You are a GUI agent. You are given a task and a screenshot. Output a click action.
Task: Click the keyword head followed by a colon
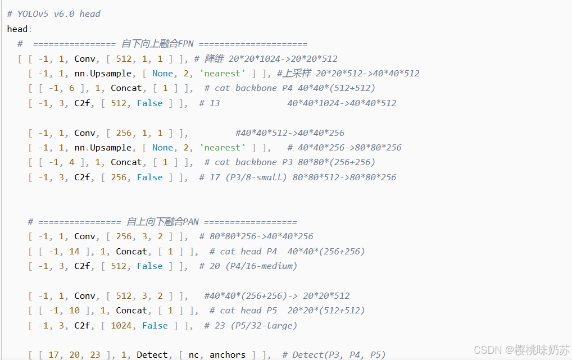coord(17,29)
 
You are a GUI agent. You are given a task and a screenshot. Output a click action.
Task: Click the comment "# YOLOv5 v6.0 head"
coord(53,13)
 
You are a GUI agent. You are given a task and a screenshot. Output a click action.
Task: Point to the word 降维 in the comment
coord(214,58)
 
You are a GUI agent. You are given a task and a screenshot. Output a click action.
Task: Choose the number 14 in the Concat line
coord(74,252)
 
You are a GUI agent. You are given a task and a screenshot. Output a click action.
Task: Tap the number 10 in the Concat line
coord(74,311)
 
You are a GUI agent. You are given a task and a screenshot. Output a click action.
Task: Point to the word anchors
coord(227,355)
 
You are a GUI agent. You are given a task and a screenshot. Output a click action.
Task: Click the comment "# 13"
coord(209,103)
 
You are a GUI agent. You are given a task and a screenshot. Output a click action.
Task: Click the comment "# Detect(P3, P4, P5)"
coord(334,355)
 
